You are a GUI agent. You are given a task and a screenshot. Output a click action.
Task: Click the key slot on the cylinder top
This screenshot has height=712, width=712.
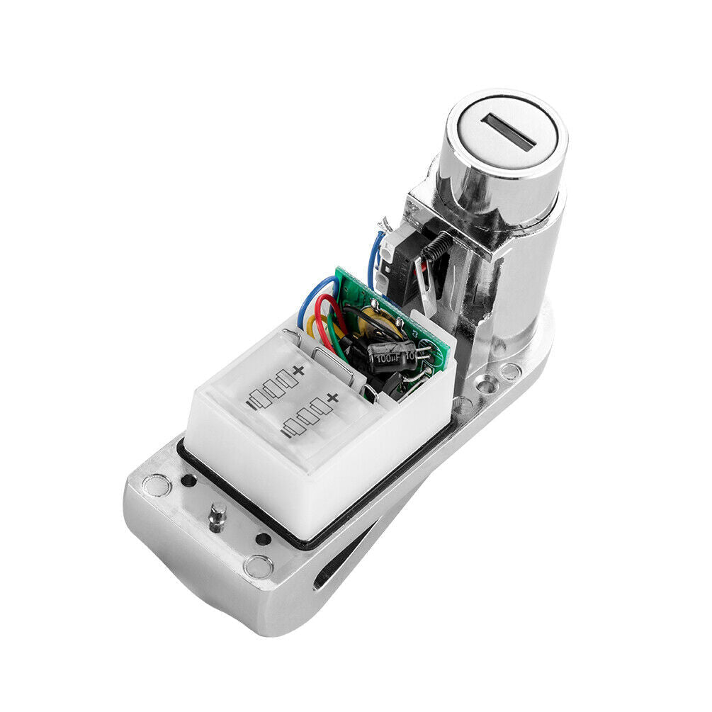click(x=508, y=132)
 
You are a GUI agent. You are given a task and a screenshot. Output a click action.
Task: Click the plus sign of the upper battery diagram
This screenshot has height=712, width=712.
click(x=298, y=370)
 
